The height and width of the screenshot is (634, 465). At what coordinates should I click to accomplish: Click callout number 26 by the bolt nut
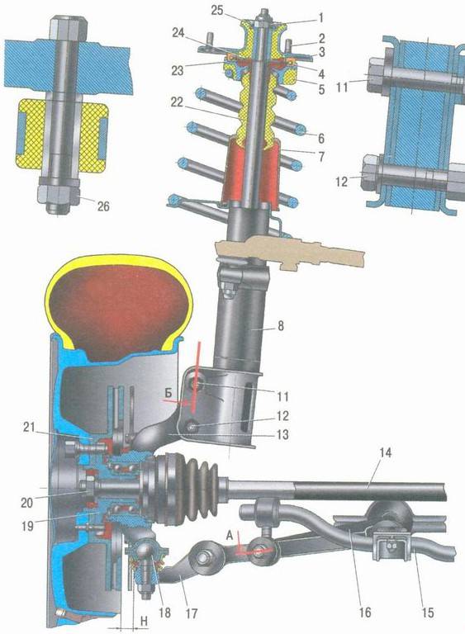tap(103, 206)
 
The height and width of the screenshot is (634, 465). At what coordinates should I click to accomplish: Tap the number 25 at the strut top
tap(217, 11)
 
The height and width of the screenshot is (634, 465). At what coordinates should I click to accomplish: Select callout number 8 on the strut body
tap(281, 325)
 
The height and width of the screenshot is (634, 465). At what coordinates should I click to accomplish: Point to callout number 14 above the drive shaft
tap(386, 452)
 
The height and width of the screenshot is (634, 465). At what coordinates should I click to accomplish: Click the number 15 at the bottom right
tap(427, 613)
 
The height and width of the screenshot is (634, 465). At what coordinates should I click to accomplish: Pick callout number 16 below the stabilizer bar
tap(364, 613)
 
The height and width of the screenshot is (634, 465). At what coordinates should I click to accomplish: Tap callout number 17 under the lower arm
tap(192, 613)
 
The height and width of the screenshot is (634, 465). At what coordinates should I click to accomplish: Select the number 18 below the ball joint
tap(165, 613)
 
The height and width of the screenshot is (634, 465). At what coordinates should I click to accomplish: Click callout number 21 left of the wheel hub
tap(29, 427)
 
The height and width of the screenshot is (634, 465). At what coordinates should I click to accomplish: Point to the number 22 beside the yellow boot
tap(177, 102)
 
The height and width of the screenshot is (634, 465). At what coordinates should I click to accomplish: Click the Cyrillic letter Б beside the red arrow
tap(168, 392)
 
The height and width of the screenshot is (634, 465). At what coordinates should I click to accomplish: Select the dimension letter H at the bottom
tap(144, 621)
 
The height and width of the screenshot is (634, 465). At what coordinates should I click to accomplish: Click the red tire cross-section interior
tap(118, 312)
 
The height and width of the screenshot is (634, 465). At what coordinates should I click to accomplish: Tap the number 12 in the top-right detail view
tap(342, 182)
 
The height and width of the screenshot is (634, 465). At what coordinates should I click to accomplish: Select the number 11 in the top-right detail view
tap(343, 87)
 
